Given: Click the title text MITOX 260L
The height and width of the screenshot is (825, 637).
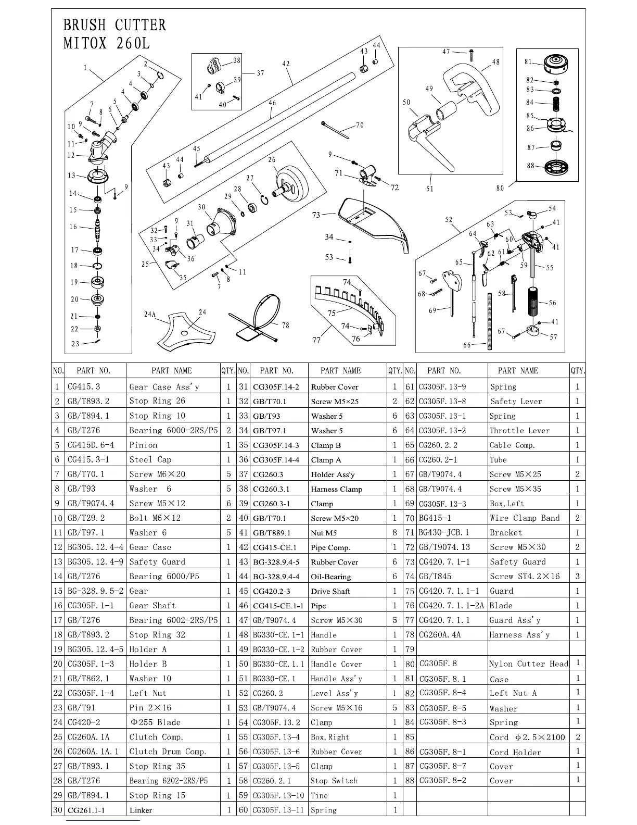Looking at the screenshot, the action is coord(106,43).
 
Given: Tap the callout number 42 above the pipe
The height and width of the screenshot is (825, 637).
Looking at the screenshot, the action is coord(286,64).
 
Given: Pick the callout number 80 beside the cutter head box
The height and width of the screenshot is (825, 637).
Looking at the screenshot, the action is coord(500,188).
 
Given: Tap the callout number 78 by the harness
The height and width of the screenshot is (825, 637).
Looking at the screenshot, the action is coord(285,325).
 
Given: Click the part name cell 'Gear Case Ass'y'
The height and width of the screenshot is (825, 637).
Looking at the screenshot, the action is coord(164,387).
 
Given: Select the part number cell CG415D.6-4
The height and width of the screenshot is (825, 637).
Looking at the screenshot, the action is coord(91,445).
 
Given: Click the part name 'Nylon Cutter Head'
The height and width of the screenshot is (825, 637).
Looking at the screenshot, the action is coord(529,664).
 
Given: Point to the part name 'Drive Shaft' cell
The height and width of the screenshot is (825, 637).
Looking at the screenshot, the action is coord(330,591).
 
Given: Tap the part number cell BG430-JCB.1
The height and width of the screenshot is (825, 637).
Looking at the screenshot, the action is coord(444,533).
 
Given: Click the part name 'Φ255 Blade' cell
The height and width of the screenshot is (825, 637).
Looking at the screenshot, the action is coord(155,722).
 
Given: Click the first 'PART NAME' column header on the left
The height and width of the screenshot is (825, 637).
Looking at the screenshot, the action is coord(172,371).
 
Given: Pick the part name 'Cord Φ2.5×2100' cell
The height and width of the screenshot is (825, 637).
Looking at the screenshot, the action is coord(527,737).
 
